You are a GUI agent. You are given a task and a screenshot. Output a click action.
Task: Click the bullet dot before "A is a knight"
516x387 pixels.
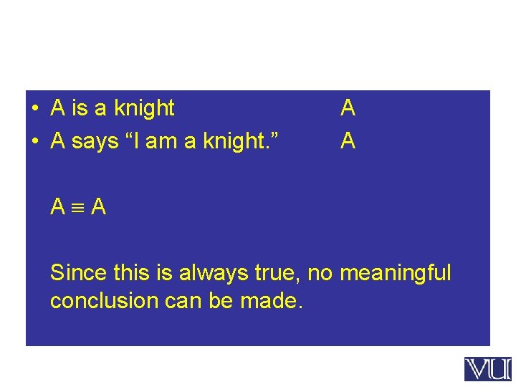34,109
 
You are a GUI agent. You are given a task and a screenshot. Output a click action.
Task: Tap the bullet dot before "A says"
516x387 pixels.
34,142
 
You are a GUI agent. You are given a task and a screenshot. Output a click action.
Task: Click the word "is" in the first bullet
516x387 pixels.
80,108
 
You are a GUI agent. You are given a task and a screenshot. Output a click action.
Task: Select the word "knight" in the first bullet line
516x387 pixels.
143,109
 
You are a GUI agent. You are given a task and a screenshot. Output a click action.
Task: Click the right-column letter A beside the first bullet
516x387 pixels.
348,108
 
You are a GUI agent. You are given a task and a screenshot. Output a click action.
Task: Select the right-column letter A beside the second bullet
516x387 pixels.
348,141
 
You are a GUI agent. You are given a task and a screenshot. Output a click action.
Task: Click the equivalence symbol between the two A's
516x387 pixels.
79,208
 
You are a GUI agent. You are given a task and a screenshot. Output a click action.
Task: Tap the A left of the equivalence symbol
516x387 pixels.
58,207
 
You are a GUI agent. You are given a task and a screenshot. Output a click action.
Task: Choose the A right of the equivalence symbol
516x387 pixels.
99,207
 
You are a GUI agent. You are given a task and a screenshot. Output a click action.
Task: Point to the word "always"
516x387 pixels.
210,274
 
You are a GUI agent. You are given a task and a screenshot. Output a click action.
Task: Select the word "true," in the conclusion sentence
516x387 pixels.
275,273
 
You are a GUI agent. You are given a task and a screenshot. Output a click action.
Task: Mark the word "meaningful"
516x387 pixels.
396,274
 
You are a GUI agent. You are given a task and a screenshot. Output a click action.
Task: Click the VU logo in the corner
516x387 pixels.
487,369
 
